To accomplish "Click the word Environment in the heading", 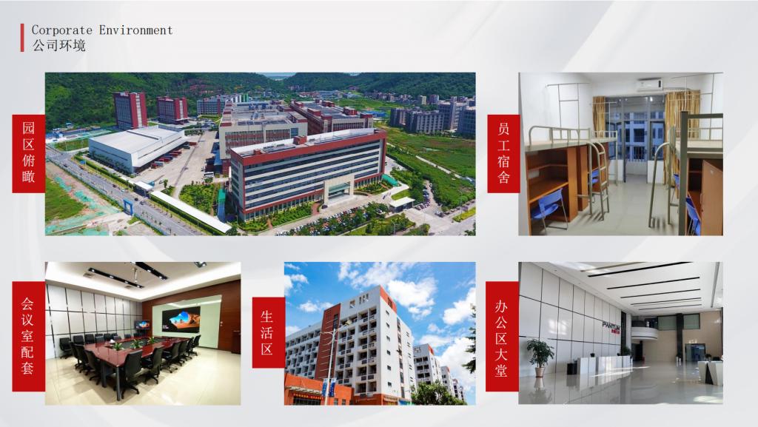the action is [x=136, y=30].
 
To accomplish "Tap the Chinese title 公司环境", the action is [x=59, y=45].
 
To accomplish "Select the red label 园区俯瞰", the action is [x=29, y=154].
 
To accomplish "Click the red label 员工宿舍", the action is [x=503, y=154].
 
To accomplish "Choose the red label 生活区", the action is [x=268, y=333].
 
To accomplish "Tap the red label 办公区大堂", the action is [x=502, y=336].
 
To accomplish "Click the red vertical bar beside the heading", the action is [x=21, y=38].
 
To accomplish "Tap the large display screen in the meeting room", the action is [x=181, y=319].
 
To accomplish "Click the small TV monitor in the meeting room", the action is [x=142, y=325].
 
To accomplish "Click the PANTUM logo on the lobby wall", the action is [x=611, y=326].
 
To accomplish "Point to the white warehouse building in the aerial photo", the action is [x=138, y=147].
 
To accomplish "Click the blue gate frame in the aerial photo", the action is [x=130, y=206].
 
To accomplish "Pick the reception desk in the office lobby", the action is [x=604, y=363].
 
